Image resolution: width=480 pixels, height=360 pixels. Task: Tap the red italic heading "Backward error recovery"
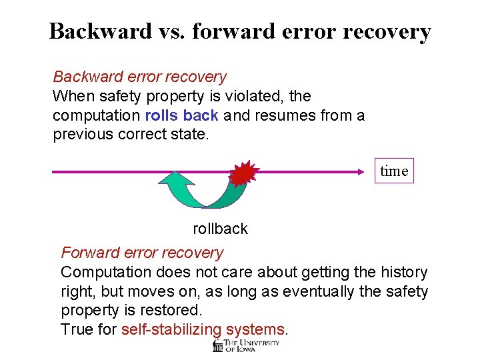pyautogui.click(x=139, y=77)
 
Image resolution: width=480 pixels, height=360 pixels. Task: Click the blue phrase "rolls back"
pyautogui.click(x=181, y=116)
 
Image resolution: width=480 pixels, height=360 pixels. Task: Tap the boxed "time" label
pyautogui.click(x=393, y=171)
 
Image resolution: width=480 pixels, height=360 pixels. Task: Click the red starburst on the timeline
pyautogui.click(x=243, y=173)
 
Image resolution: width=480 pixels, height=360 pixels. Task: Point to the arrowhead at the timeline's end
pyautogui.click(x=365, y=172)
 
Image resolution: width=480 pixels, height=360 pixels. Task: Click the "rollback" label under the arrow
pyautogui.click(x=220, y=229)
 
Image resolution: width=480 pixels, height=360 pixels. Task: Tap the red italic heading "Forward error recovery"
pyautogui.click(x=142, y=253)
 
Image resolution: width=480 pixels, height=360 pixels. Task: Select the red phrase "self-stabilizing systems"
pyautogui.click(x=203, y=330)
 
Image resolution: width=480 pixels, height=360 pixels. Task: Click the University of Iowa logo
pyautogui.click(x=245, y=345)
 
